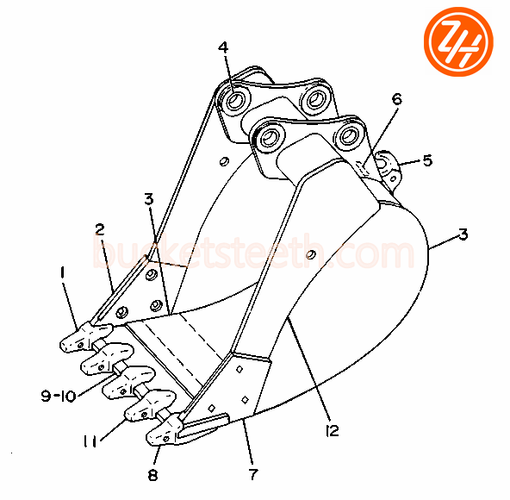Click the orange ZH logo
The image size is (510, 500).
pos(458,41)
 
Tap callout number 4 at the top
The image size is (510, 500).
pos(223,47)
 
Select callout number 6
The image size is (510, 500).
pos(397,99)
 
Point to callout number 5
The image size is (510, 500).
pos(427,160)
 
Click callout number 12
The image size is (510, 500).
pos(332,430)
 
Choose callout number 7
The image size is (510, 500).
pos(253,474)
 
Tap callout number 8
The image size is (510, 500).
pos(152,475)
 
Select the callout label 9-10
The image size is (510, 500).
pos(59,396)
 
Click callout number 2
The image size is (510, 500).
pos(100,230)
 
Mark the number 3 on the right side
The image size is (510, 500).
pos(463,234)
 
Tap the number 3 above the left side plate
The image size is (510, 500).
pos(149,199)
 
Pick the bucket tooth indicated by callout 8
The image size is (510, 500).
pos(165,430)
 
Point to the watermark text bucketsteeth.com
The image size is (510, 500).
pos(253,252)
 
